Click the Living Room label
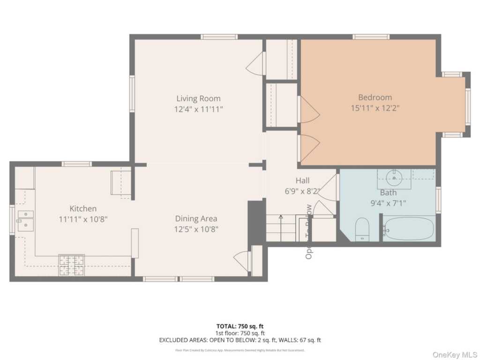point(198,98)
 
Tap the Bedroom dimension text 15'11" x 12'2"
point(375,108)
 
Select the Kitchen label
point(83,209)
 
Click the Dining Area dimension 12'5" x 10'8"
point(196,229)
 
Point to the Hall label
point(302,180)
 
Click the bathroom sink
point(394,177)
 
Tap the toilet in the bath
point(362,230)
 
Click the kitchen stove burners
point(71,265)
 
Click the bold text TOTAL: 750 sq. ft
point(240,326)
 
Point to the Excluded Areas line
point(240,340)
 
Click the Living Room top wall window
point(219,37)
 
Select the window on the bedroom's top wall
point(371,37)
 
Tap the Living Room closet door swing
point(255,63)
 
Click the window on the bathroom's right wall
point(438,200)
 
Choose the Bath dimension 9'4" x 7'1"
point(388,203)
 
